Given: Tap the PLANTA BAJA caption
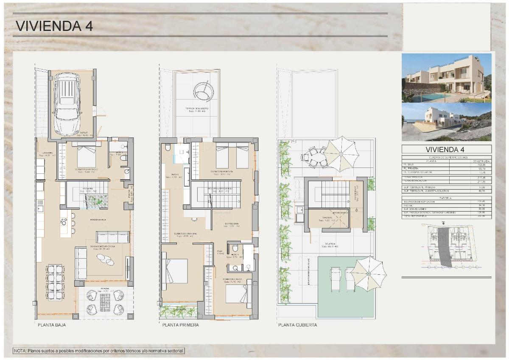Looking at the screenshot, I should pyautogui.click(x=52, y=325).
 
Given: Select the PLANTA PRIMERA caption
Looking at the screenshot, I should pyautogui.click(x=180, y=325).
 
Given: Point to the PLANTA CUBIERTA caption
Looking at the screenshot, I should pyautogui.click(x=297, y=325).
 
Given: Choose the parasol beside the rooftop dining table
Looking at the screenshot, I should pyautogui.click(x=342, y=153).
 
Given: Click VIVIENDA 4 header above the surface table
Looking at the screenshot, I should pyautogui.click(x=447, y=149).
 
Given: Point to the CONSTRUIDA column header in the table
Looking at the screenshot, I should pyautogui.click(x=481, y=162).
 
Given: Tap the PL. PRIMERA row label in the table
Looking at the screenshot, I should pyautogui.click(x=411, y=169).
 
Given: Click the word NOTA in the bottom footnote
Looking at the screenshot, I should pyautogui.click(x=20, y=351).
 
